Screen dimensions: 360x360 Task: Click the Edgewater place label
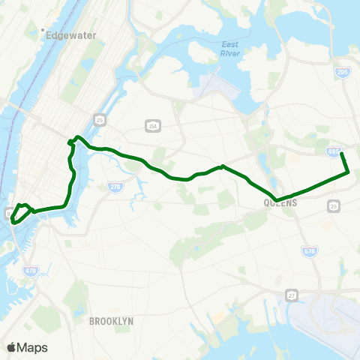coord(67,34)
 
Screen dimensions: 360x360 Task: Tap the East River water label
coord(230,49)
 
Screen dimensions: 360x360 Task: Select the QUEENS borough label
coord(281,202)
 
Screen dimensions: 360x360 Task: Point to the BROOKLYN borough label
coord(111,321)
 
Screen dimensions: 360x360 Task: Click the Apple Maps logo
coord(10,347)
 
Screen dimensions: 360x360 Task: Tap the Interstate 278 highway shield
coord(115,187)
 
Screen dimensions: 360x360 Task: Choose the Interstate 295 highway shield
coord(342,70)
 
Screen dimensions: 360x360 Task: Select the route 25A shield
coord(153,126)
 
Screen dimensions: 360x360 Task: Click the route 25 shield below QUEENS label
coord(334,205)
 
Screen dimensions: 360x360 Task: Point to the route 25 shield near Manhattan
coord(99,119)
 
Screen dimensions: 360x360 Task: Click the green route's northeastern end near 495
coord(342,153)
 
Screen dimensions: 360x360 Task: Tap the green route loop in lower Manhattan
coord(19,212)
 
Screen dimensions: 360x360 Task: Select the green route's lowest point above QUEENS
coord(278,200)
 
